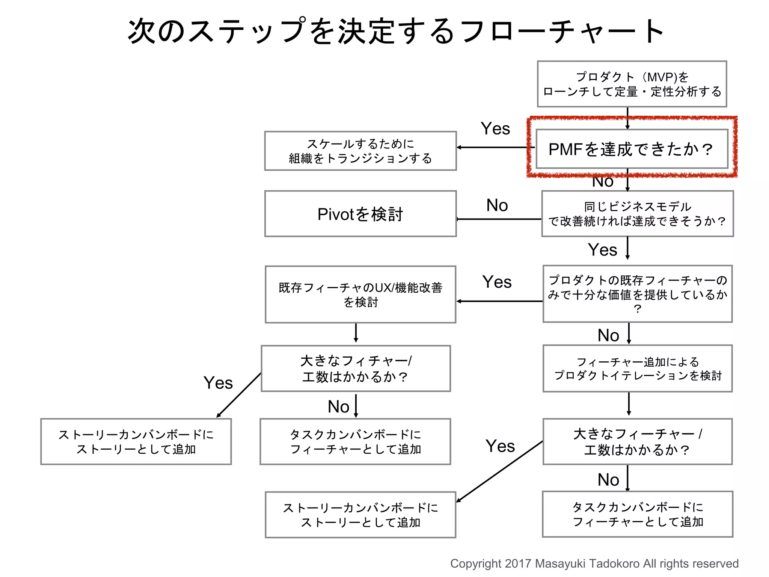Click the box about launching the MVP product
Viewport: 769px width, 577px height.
point(632,84)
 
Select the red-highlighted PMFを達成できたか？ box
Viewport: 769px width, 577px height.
point(632,149)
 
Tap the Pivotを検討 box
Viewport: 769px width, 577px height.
point(360,214)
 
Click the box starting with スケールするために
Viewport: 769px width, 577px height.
point(360,151)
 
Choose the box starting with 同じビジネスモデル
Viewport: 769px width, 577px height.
point(637,214)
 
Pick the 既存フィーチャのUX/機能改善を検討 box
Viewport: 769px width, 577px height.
point(360,295)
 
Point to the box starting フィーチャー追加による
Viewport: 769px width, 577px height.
point(637,369)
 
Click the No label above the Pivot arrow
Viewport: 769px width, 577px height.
point(497,205)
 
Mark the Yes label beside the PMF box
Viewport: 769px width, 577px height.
point(495,129)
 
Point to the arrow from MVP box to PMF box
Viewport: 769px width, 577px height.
point(627,118)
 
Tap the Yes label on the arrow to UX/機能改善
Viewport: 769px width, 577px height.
point(497,282)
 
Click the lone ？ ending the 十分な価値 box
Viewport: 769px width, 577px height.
point(637,309)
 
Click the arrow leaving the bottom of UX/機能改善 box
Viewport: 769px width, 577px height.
point(356,333)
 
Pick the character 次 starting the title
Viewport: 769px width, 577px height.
point(142,31)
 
